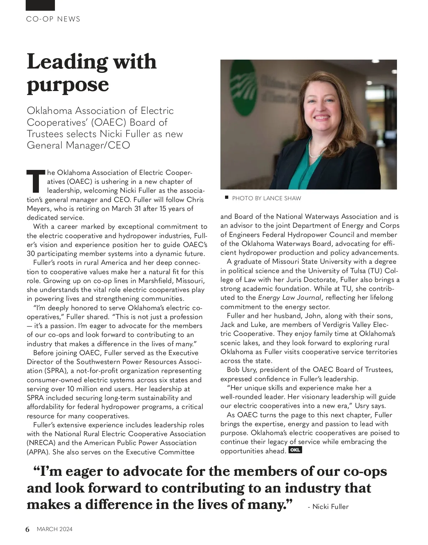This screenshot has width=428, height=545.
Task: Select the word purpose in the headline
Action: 68,85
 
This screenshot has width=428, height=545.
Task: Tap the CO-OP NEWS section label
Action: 53,19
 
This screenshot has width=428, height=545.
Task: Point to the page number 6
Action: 28,529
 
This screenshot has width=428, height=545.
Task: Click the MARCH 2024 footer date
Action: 55,529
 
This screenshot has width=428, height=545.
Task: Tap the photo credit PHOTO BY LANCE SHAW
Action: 266,198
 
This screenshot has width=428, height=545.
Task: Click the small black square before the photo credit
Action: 226,197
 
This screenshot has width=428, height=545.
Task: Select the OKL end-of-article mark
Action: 295,450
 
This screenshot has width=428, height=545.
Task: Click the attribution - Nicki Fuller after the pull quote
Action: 328,507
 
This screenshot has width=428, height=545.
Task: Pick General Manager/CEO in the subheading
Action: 78,146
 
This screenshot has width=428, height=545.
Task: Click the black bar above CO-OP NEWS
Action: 40,5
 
